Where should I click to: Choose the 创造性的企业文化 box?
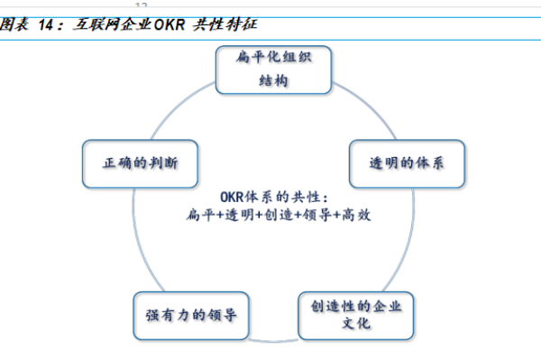click(x=356, y=314)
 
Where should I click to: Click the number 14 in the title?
click(x=50, y=26)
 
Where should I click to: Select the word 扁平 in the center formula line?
click(x=198, y=216)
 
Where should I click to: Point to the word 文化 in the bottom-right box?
click(x=356, y=324)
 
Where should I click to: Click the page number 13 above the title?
click(x=141, y=5)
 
